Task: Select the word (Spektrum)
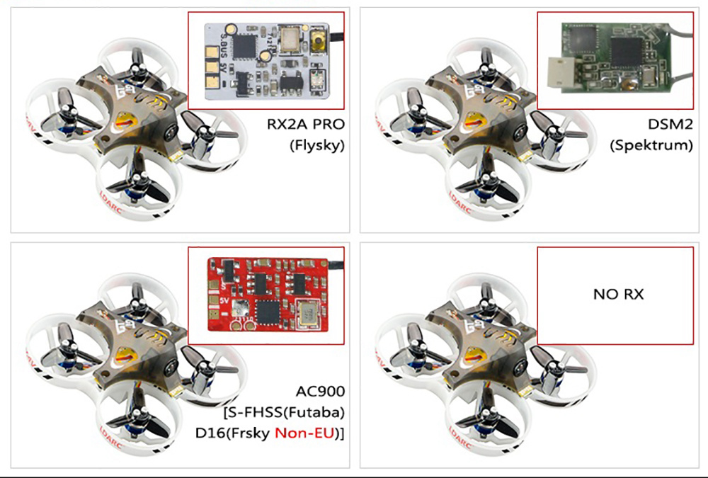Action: (x=651, y=146)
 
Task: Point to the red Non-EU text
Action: (x=301, y=433)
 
